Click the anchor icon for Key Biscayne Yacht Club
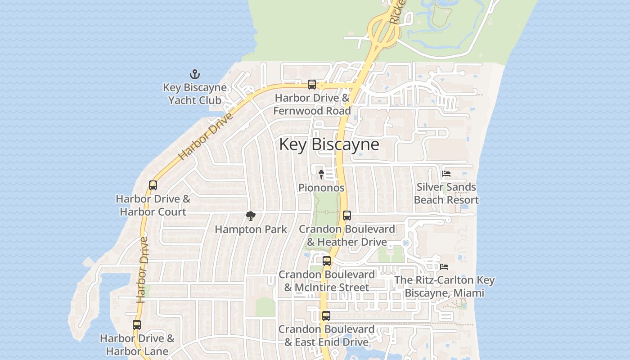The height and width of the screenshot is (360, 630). point(195,74)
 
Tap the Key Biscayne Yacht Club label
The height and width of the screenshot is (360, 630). point(195,94)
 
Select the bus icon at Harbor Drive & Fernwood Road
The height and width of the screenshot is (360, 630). point(311,84)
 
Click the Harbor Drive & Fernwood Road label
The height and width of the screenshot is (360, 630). point(312,104)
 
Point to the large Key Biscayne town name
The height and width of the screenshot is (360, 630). point(329,144)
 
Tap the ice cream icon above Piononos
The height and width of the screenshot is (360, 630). point(321,174)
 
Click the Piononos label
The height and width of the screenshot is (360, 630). point(321,188)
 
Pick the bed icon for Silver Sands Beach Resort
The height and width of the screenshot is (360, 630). point(446,173)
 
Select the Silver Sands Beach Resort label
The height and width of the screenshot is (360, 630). point(446,193)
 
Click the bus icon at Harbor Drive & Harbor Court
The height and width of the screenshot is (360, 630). point(153,185)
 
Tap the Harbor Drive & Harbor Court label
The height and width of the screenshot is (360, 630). point(153,205)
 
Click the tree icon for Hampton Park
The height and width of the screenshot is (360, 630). point(251,216)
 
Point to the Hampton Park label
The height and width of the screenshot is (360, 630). point(251,229)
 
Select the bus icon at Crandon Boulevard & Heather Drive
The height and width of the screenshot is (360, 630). point(347,216)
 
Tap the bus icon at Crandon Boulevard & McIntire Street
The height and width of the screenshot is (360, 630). point(327,261)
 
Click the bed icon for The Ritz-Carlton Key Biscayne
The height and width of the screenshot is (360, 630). point(444,266)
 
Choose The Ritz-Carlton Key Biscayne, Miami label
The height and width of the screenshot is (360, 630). point(445,286)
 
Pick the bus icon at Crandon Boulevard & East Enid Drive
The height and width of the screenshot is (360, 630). point(326,316)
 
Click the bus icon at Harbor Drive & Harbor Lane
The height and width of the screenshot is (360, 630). point(137,324)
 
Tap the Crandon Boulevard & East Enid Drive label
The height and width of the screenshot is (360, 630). point(326,335)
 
